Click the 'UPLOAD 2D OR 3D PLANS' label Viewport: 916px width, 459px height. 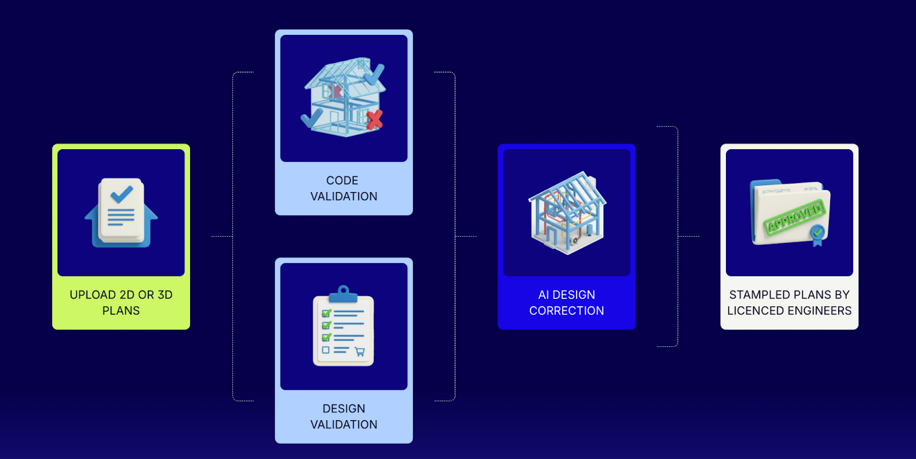coord(121,302)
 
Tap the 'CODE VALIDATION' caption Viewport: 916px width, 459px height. coord(343,188)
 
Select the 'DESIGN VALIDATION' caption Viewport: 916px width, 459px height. coord(343,416)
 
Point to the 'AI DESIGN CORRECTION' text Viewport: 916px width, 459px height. coord(566,302)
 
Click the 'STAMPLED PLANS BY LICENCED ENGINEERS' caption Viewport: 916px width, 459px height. coord(789,302)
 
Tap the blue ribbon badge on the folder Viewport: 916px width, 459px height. coord(818,234)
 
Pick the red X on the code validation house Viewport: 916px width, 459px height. coord(374,119)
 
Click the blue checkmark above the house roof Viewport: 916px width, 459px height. coord(374,74)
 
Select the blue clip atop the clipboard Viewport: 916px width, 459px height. coord(343,293)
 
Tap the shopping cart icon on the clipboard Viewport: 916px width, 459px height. coord(360,352)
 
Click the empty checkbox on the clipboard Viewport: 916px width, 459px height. coord(326,350)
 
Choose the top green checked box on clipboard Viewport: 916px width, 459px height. coord(326,313)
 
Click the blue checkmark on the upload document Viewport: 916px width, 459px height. coord(121,194)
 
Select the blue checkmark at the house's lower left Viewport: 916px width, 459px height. coord(311,118)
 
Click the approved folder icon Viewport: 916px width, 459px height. coord(789,213)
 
